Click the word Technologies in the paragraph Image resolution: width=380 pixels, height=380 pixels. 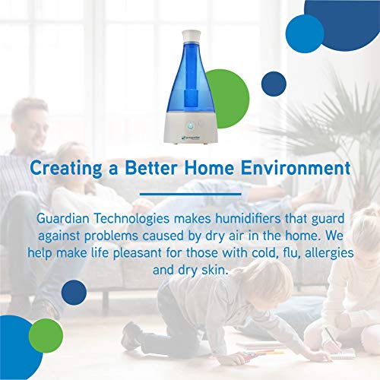(145, 218)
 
